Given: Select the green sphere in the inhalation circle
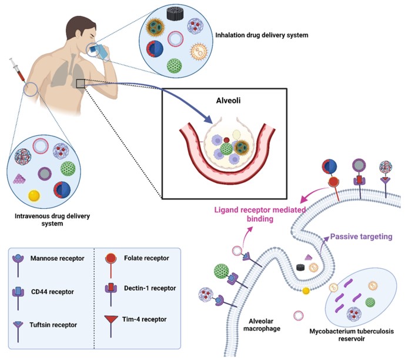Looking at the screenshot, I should click(174, 65).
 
